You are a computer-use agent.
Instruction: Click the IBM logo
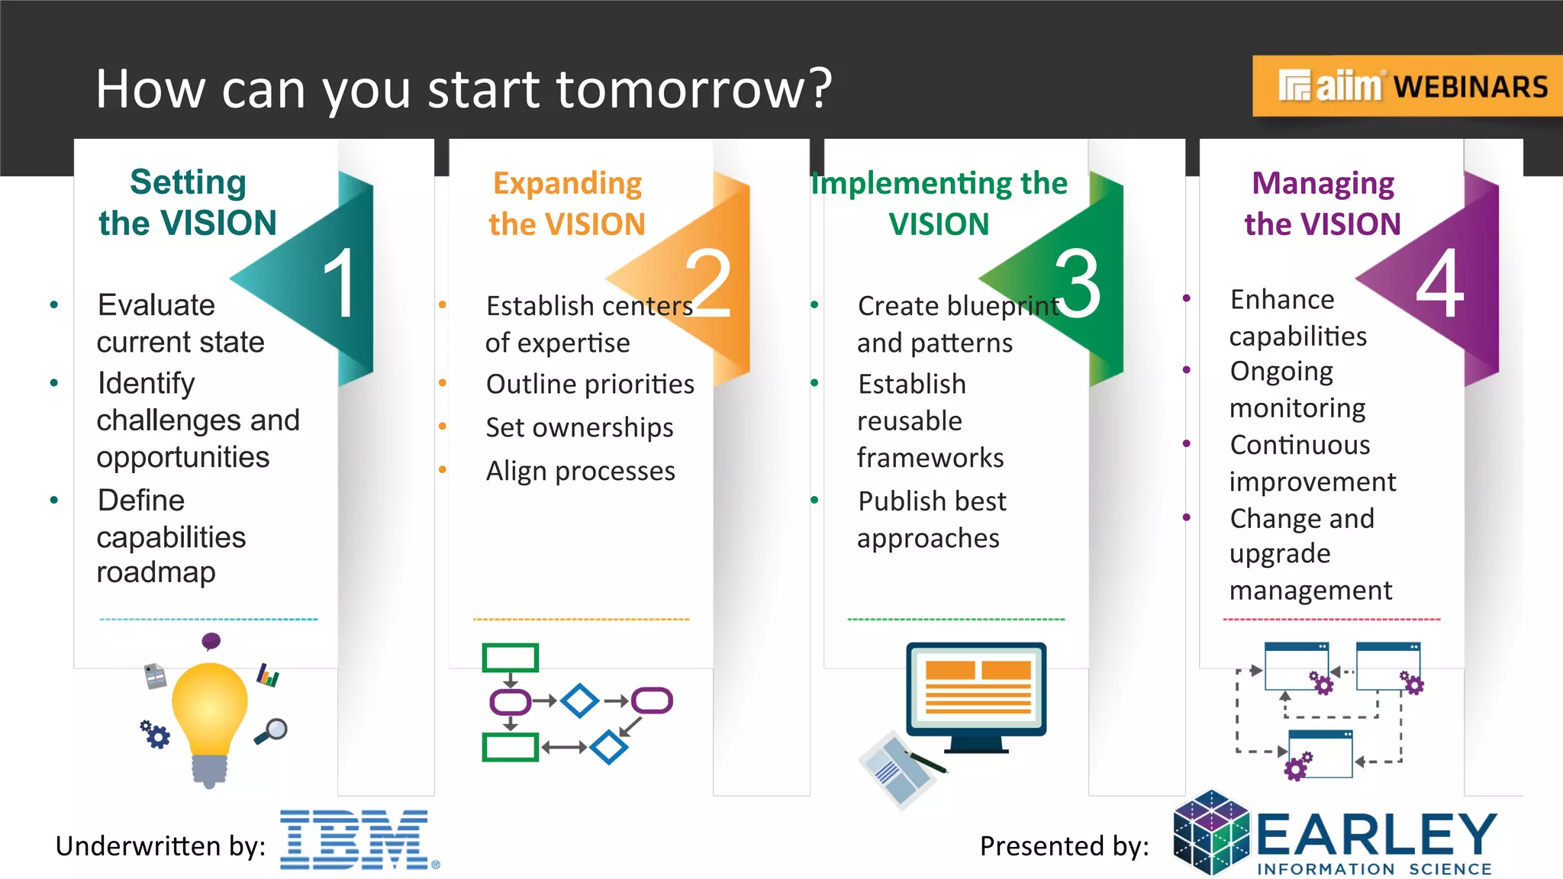tap(355, 840)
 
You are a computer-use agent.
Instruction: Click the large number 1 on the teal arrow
tap(340, 283)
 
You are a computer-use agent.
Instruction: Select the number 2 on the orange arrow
tap(708, 283)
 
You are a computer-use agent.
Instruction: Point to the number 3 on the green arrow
tap(1078, 283)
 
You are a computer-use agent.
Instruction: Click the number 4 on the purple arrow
tap(1440, 283)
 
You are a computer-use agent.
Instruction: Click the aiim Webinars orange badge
tap(1408, 86)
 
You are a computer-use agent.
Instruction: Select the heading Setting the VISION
tap(188, 202)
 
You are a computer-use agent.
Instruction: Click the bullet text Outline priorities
tap(590, 384)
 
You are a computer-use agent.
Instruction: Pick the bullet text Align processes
tap(580, 471)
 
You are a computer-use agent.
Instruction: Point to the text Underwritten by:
tap(160, 846)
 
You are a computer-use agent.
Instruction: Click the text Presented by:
tap(1064, 846)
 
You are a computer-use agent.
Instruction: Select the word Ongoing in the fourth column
tap(1281, 372)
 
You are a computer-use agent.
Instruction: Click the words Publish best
tap(932, 501)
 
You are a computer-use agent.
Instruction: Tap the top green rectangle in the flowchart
tap(510, 657)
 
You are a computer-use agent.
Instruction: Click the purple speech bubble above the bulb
tap(211, 641)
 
